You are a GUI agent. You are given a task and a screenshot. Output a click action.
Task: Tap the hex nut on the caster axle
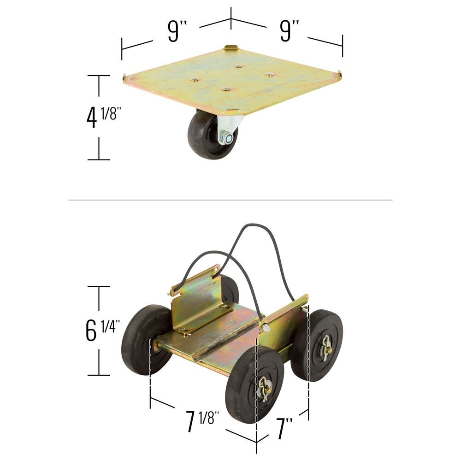point(226,137)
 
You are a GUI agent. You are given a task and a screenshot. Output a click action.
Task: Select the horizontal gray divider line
point(230,200)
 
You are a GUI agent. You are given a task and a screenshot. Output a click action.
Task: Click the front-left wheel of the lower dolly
point(254,384)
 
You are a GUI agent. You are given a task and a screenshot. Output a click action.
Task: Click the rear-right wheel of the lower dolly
point(317,345)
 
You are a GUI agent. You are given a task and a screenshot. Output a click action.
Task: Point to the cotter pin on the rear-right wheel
point(327,347)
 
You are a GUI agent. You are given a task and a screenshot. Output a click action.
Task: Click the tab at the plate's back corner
point(230,47)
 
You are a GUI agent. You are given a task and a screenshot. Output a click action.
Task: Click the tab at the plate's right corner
point(339,75)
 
